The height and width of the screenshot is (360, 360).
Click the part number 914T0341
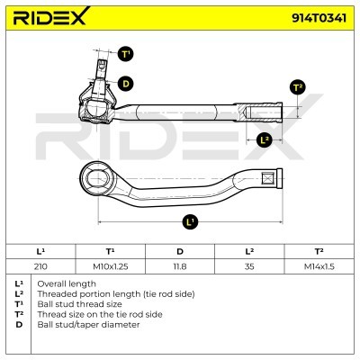coord(319,18)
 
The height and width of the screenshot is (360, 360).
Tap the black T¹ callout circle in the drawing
coord(125,54)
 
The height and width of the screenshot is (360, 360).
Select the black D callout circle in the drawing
coord(125,84)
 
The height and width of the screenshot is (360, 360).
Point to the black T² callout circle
coord(297,87)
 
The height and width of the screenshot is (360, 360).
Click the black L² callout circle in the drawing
coord(265,139)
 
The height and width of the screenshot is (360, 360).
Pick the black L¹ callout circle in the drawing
coord(190,222)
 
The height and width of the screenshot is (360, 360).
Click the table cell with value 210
coord(40,266)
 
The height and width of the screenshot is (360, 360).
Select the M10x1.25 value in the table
coord(111,266)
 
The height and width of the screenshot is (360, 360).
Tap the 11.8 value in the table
coord(180,266)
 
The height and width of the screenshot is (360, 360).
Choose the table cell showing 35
coord(249,266)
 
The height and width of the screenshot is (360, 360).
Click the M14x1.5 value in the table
coord(319,266)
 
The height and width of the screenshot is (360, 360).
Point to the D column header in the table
coord(180,251)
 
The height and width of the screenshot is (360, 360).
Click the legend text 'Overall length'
coord(67,283)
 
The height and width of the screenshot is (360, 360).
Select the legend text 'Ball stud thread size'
coord(79,304)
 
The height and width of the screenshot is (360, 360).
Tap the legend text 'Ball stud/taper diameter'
coord(88,325)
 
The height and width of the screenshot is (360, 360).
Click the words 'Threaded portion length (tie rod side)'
coord(116,294)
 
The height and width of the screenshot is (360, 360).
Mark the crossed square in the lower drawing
coord(267,179)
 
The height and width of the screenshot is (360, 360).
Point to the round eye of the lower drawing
coord(96,179)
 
